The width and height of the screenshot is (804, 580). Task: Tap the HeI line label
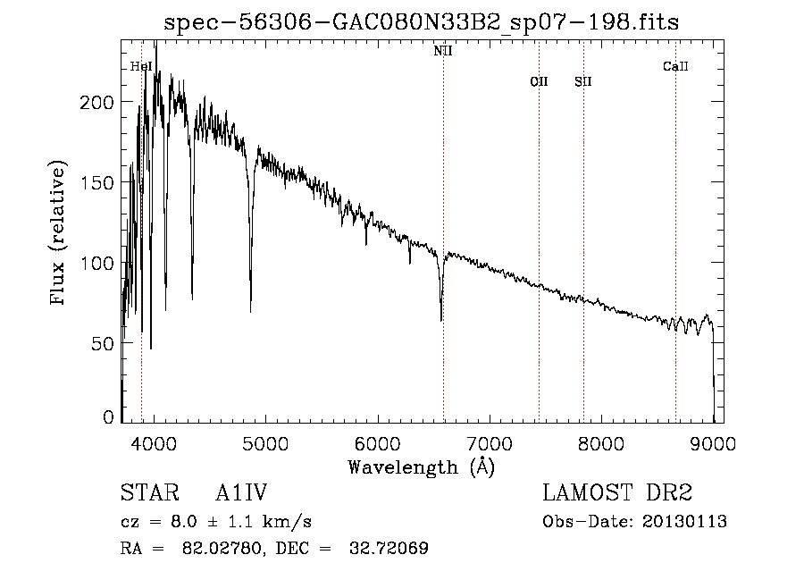point(141,66)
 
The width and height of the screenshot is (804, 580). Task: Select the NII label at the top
point(443,51)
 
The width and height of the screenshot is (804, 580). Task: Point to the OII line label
point(539,81)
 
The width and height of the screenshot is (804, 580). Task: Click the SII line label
point(583,81)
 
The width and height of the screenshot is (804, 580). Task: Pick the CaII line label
point(675,66)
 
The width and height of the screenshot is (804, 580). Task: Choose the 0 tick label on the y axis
point(109,417)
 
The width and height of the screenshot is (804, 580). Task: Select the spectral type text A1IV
point(241,493)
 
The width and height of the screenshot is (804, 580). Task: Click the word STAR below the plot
point(149,493)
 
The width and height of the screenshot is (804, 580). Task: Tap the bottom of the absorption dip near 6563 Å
point(441,319)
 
